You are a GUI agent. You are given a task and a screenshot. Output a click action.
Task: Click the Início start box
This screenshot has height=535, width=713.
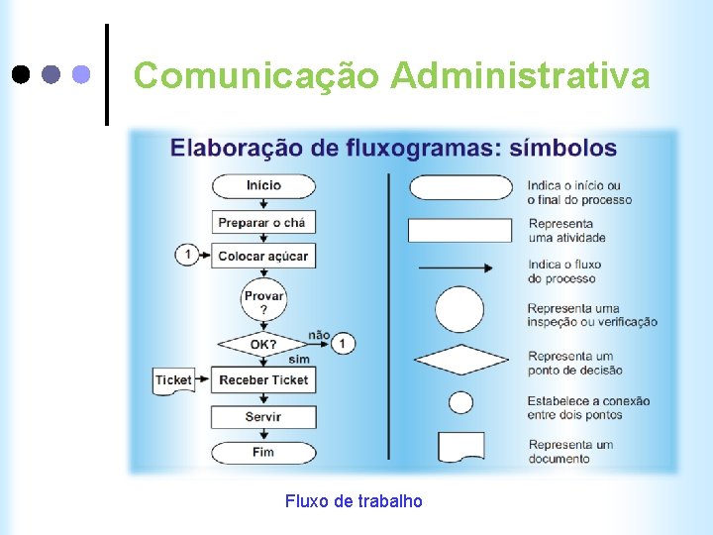(263, 185)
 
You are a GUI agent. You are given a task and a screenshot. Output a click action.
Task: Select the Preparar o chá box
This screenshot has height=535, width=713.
(262, 222)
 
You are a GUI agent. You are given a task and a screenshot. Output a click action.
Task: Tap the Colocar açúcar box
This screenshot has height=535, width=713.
(263, 256)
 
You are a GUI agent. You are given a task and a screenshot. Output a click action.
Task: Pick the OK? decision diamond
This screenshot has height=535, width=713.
(263, 345)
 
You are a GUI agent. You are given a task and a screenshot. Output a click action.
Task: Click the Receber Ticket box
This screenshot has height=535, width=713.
(263, 379)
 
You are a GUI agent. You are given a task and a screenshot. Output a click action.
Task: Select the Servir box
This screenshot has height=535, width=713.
(263, 416)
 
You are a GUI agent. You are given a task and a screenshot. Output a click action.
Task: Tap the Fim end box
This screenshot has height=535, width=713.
(263, 452)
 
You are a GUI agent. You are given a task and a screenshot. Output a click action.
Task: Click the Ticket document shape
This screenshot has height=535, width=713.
(173, 380)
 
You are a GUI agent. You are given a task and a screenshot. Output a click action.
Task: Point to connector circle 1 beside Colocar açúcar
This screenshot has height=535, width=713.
(186, 255)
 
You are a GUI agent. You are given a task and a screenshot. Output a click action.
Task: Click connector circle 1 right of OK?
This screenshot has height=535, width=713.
(343, 344)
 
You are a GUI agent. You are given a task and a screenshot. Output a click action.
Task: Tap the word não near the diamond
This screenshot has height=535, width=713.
(319, 335)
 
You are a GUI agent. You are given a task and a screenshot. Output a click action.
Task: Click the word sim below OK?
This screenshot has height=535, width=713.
(298, 360)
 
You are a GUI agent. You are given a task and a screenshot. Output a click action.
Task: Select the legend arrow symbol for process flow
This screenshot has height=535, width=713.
(456, 267)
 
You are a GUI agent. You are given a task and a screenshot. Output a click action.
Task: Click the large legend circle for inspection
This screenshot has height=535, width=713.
(459, 309)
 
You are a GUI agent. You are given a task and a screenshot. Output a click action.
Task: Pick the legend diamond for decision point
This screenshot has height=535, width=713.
(459, 359)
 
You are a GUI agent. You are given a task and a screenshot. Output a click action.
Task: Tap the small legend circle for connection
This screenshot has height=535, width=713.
(460, 402)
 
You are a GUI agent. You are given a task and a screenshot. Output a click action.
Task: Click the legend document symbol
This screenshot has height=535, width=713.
(461, 447)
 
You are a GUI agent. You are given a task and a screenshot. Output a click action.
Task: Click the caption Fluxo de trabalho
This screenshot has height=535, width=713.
(354, 501)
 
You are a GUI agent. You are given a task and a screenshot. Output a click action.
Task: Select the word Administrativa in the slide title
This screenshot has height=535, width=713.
(520, 75)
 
